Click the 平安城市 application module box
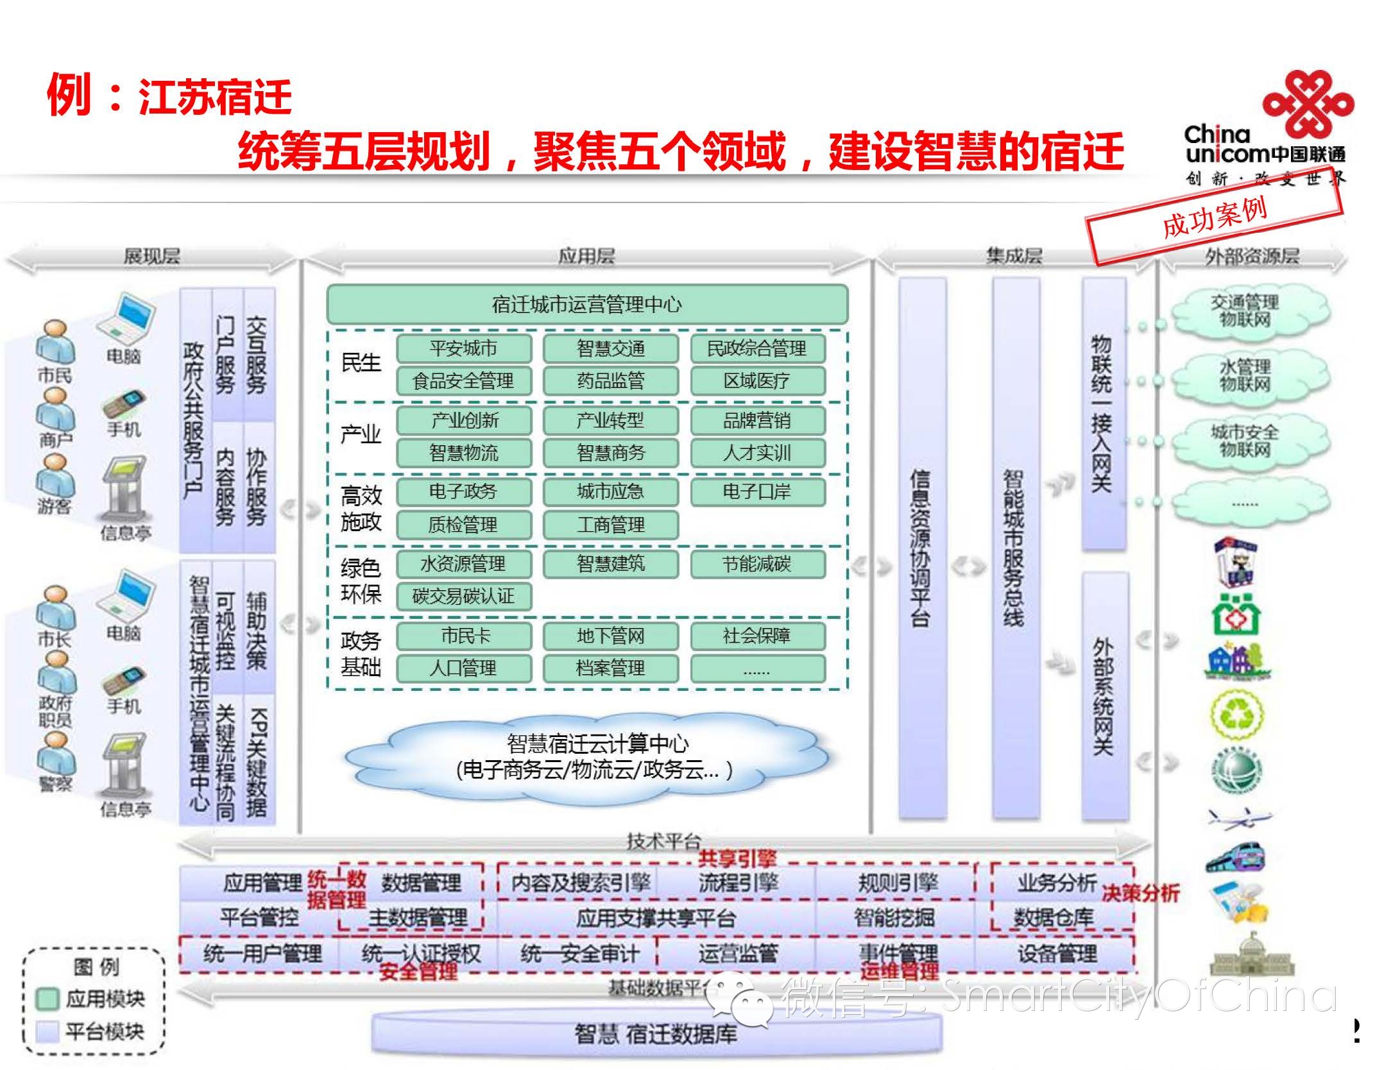(x=463, y=348)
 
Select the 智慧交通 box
(x=610, y=348)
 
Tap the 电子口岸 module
(x=757, y=492)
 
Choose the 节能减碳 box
(x=757, y=564)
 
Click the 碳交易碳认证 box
(x=463, y=596)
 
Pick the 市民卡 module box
(x=463, y=636)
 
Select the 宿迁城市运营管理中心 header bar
(x=586, y=304)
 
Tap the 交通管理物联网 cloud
(x=1244, y=311)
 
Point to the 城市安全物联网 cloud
(x=1244, y=441)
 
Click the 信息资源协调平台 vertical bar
(x=921, y=548)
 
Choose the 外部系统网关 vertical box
(x=1103, y=696)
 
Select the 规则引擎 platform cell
(x=897, y=883)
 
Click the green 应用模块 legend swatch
(x=47, y=999)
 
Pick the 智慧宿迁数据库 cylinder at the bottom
(x=656, y=1033)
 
